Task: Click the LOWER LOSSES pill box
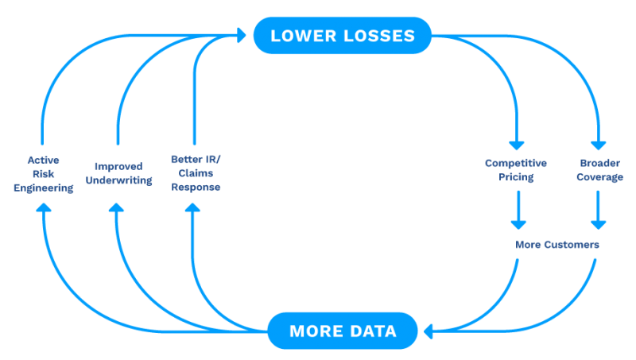[343, 36]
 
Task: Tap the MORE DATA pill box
[343, 331]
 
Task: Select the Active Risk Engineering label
[44, 174]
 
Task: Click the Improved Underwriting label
[118, 173]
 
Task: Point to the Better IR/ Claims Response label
[196, 173]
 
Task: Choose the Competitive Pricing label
[516, 170]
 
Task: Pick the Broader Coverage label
[600, 170]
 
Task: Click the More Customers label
[557, 245]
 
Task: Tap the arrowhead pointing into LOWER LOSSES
[242, 35]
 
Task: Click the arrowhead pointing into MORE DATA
[428, 331]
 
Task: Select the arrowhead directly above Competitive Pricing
[517, 145]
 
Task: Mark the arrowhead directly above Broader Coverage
[599, 145]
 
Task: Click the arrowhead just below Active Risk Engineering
[44, 207]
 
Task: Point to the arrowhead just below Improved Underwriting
[116, 207]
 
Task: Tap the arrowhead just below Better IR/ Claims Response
[192, 207]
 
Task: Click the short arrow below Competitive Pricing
[518, 210]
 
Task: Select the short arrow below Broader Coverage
[599, 210]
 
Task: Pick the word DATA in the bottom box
[373, 331]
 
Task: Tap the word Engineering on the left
[44, 188]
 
